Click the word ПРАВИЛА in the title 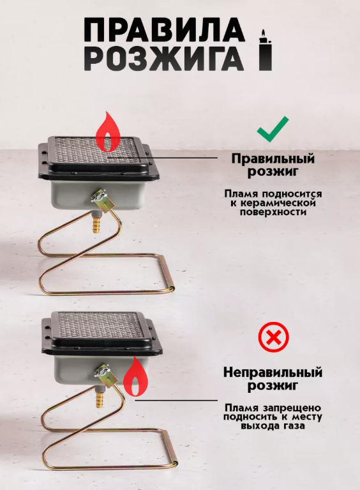pyautogui.click(x=164, y=29)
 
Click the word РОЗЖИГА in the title pyautogui.click(x=164, y=59)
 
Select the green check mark pyautogui.click(x=273, y=129)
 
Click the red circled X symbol pyautogui.click(x=274, y=337)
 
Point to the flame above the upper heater pyautogui.click(x=108, y=131)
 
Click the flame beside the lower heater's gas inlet pyautogui.click(x=135, y=377)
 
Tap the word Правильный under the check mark pyautogui.click(x=273, y=158)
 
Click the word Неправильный pyautogui.click(x=273, y=372)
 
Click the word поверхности pyautogui.click(x=273, y=212)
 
